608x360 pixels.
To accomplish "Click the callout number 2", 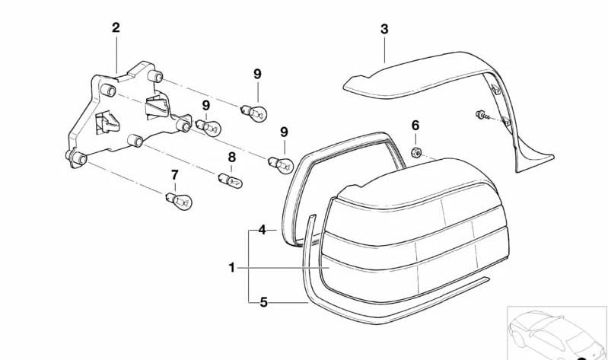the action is (x=116, y=28).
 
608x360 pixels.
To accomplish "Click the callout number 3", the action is (x=384, y=29).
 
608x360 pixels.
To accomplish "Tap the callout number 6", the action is (x=415, y=126).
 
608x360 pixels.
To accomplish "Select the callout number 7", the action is (x=175, y=175).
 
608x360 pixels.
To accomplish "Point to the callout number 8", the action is (x=232, y=157).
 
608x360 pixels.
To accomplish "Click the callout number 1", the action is (x=231, y=268).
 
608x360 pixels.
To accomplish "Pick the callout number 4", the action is (x=262, y=230).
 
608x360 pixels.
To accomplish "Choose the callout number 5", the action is (x=264, y=302).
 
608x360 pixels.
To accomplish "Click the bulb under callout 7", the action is (x=178, y=200).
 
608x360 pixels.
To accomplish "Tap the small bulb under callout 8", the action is (x=231, y=180).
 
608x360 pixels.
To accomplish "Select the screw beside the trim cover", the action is (x=482, y=115).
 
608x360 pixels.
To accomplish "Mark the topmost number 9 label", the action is (x=257, y=74).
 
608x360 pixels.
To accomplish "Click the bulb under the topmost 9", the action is (x=254, y=113).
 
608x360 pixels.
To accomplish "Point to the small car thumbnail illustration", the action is (x=557, y=333).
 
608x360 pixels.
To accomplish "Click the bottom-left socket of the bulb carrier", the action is (x=78, y=158).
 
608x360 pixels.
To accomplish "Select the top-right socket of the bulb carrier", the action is (x=155, y=76).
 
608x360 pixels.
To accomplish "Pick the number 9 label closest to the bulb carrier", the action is (x=206, y=105).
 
